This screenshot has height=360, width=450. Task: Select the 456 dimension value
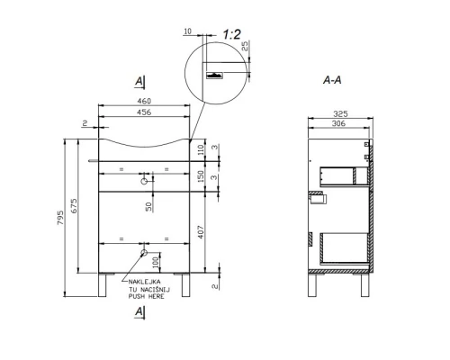pos(143,112)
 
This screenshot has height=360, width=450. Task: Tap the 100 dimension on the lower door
pos(157,261)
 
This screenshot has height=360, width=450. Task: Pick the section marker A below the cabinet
pos(139,310)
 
